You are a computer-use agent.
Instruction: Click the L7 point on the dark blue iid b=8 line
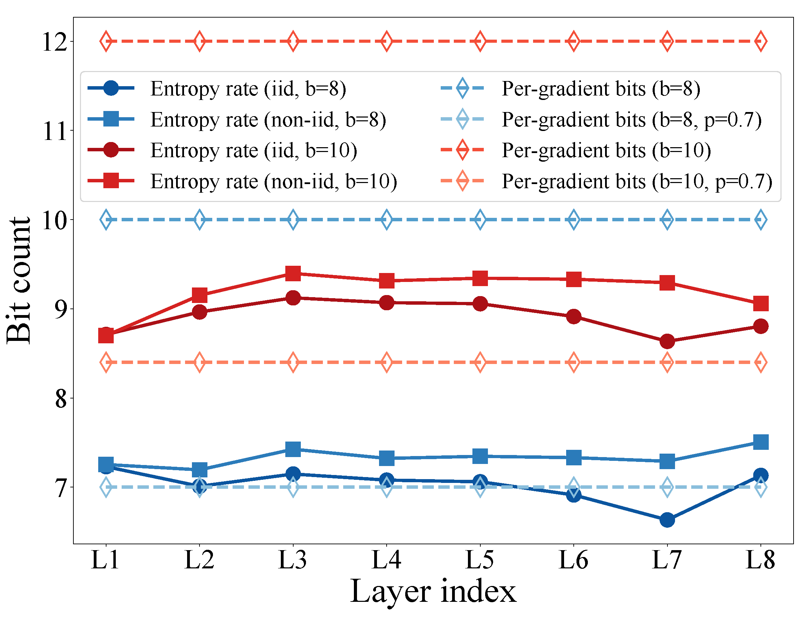[x=667, y=520]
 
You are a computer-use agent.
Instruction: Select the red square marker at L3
[x=293, y=273]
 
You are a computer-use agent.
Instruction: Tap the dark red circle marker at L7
[x=667, y=342]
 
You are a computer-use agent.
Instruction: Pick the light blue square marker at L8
[x=760, y=442]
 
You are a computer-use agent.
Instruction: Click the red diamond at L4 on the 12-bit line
[x=386, y=41]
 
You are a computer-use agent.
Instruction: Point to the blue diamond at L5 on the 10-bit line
[x=480, y=220]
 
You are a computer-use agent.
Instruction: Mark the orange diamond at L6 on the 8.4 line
[x=573, y=363]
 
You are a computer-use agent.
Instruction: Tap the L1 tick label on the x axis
[x=105, y=560]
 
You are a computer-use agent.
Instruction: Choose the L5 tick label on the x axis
[x=480, y=560]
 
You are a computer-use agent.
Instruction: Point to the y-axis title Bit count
[x=18, y=281]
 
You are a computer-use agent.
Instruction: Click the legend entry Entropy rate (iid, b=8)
[x=248, y=89]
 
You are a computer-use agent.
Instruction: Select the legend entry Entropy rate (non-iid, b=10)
[x=274, y=181]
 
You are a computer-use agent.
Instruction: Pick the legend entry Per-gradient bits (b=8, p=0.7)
[x=631, y=119]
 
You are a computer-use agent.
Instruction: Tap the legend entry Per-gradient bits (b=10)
[x=606, y=150]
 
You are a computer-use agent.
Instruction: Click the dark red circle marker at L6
[x=573, y=316]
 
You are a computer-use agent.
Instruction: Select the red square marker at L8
[x=760, y=304]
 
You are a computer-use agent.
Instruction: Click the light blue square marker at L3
[x=293, y=449]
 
